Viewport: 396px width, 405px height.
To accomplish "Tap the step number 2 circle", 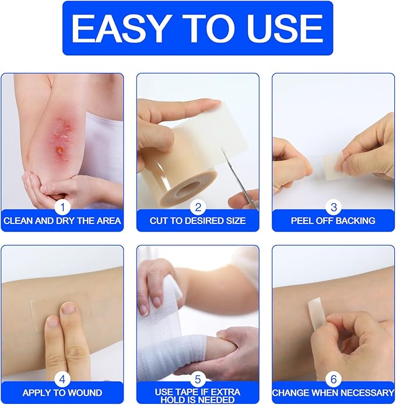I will [198, 206].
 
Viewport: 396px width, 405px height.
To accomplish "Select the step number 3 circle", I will [334, 206].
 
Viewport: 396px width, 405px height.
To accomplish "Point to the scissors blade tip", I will [222, 149].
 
